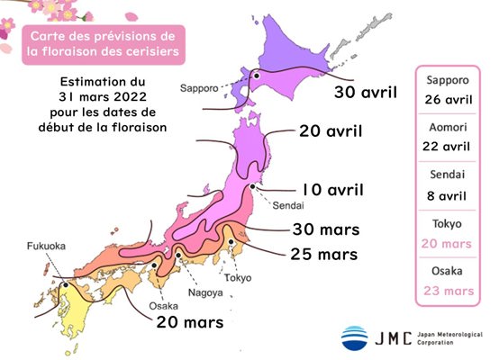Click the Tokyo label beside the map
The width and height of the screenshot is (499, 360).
pos(238,279)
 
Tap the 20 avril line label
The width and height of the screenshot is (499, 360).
pos(331,131)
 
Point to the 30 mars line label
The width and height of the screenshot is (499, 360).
pos(325,229)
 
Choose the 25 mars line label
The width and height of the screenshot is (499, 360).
pos(325,254)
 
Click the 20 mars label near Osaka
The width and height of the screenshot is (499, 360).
pos(192,319)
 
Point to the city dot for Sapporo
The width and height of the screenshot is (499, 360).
pos(256,78)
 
